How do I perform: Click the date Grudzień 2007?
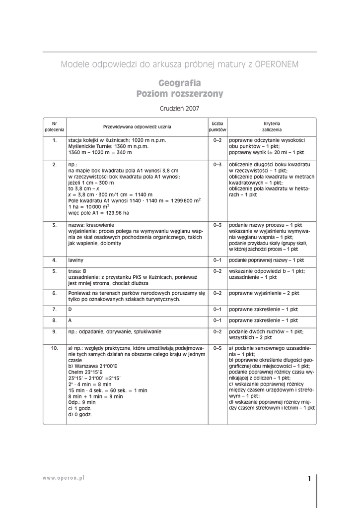(x=180, y=107)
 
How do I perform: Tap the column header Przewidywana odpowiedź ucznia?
(x=137, y=126)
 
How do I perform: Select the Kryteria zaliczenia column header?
(x=272, y=126)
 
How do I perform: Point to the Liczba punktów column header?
(x=217, y=126)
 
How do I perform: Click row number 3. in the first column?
(x=55, y=225)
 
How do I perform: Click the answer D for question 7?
(x=71, y=309)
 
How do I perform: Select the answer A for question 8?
(x=71, y=320)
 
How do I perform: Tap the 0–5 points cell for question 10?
(x=217, y=348)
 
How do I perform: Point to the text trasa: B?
(x=77, y=271)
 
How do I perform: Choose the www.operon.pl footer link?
(x=63, y=477)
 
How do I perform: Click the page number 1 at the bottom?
(x=309, y=479)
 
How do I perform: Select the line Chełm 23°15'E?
(x=86, y=372)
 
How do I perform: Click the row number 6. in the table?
(x=55, y=293)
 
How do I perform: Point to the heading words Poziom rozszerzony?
(x=180, y=94)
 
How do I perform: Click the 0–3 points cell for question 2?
(x=217, y=164)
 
